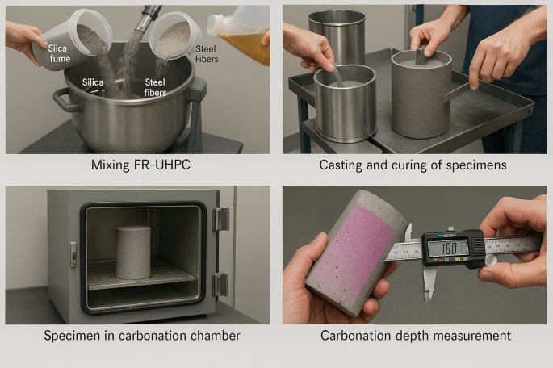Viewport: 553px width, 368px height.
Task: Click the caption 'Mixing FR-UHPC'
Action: click(x=140, y=165)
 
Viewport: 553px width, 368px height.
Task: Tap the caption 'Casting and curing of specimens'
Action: click(x=413, y=165)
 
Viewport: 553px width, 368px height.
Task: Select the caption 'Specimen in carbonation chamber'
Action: click(x=142, y=335)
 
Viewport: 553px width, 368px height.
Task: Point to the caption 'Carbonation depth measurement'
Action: click(x=416, y=335)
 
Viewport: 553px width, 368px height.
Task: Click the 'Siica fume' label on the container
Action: click(x=59, y=53)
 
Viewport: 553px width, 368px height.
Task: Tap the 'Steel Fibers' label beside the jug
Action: click(x=207, y=54)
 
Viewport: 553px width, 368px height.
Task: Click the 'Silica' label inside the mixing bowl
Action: click(x=93, y=82)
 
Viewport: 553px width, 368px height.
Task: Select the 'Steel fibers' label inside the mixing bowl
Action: click(x=155, y=87)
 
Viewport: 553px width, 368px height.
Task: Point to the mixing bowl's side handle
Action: click(x=64, y=100)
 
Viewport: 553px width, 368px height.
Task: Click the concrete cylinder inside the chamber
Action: click(x=133, y=253)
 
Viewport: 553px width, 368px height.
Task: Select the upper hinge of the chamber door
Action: click(x=220, y=219)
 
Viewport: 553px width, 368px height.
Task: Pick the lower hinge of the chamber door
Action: click(x=220, y=285)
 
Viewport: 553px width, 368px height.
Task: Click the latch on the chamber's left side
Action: click(x=73, y=254)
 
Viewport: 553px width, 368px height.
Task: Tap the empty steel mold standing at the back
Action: click(x=337, y=38)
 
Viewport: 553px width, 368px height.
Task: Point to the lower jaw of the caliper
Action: click(x=429, y=284)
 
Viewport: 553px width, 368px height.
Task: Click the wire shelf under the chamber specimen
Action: click(x=141, y=275)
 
